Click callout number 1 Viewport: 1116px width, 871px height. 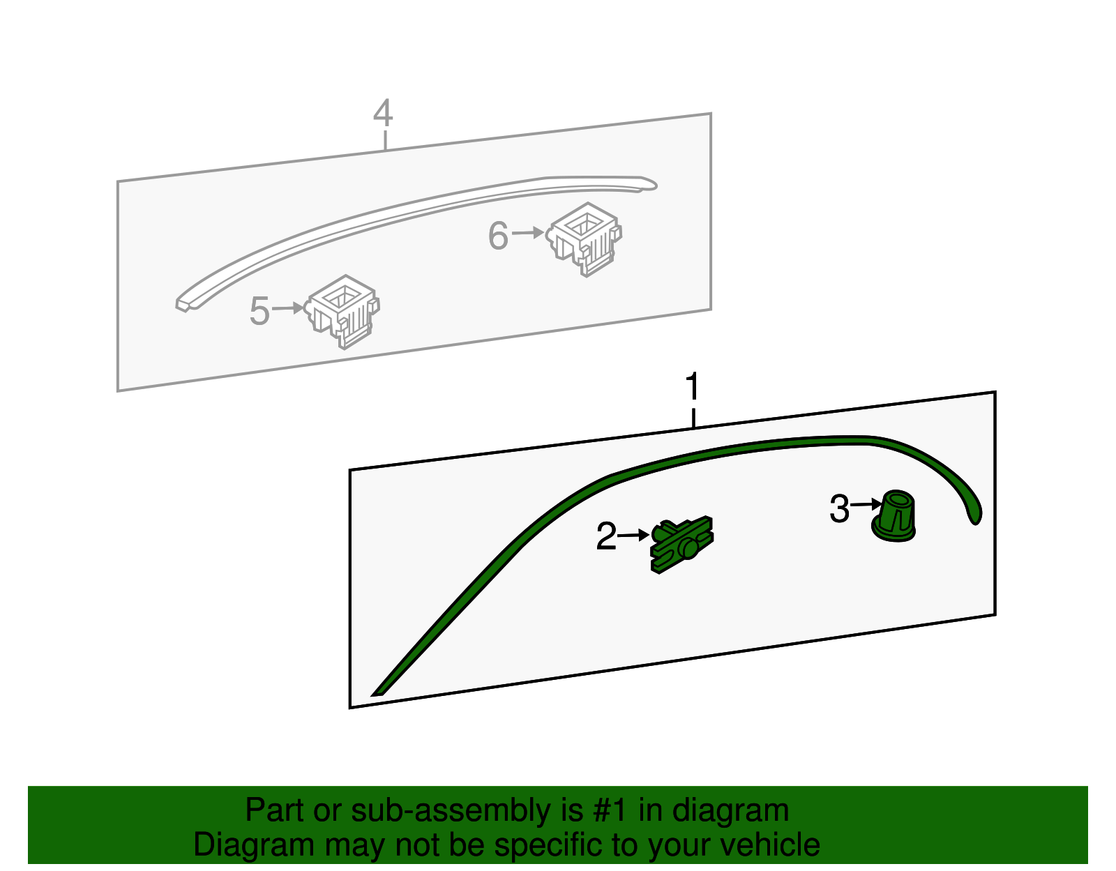(692, 388)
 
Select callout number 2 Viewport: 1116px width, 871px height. (605, 536)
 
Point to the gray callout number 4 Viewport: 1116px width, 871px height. (383, 114)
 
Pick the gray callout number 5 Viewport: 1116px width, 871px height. (259, 311)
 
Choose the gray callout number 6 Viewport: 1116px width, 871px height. (498, 236)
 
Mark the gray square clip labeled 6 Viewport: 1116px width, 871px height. (585, 238)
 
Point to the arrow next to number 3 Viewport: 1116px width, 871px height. (867, 504)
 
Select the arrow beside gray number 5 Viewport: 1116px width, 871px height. (287, 308)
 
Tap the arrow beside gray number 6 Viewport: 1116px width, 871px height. (527, 233)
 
